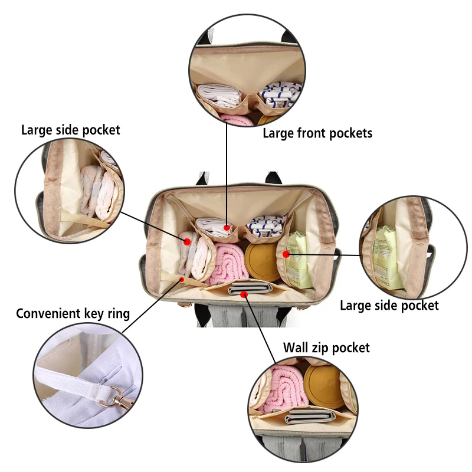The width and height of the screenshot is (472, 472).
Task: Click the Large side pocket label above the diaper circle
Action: point(70,130)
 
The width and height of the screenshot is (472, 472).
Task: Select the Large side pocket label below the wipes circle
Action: point(389,305)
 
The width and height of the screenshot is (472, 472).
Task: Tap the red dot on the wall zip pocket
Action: point(245,294)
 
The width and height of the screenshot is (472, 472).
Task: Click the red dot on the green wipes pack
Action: point(286,254)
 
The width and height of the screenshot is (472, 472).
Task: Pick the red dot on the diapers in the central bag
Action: point(187,241)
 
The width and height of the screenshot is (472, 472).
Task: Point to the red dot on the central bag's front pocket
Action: point(227,227)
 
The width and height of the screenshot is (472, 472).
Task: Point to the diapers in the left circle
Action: point(97,189)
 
